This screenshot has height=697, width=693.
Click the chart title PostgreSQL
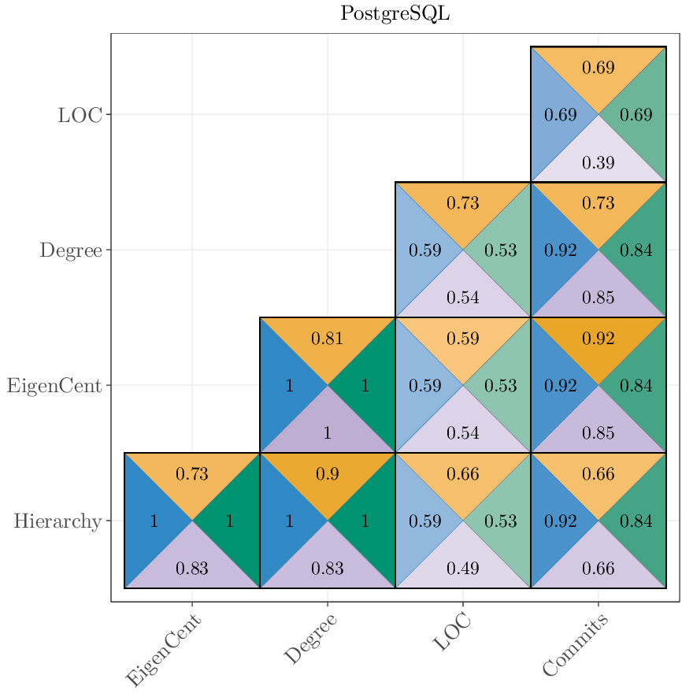click(395, 14)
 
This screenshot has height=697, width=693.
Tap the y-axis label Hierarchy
click(57, 521)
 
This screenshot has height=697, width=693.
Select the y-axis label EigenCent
click(54, 386)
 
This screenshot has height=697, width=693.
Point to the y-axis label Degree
click(71, 250)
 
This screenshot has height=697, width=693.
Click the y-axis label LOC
click(80, 115)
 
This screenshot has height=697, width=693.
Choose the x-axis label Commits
click(576, 645)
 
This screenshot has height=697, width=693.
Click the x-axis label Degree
click(310, 639)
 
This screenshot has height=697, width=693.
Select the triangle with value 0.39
click(598, 163)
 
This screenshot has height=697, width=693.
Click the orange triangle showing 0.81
click(328, 339)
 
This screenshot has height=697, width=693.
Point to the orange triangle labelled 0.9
click(328, 474)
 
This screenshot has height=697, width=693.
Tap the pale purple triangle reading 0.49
click(463, 569)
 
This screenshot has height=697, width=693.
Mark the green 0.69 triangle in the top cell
click(636, 115)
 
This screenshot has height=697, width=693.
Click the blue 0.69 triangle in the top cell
click(560, 115)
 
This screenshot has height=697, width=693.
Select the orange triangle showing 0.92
click(598, 339)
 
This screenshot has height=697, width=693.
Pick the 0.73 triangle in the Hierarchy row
click(192, 474)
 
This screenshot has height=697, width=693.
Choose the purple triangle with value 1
click(328, 433)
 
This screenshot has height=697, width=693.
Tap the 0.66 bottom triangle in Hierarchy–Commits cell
click(598, 569)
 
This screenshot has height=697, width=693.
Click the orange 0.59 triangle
click(463, 339)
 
